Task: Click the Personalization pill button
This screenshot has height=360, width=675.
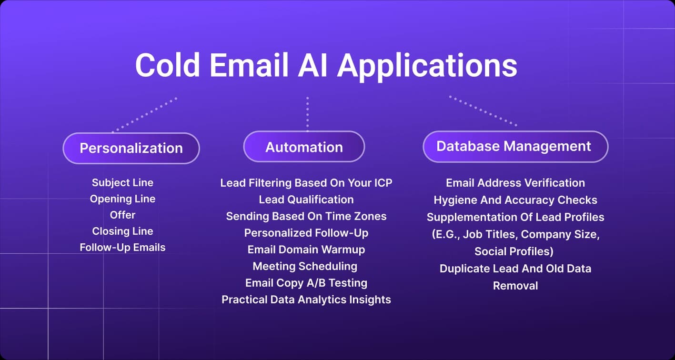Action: pyautogui.click(x=131, y=148)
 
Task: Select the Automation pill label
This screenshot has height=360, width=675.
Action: pyautogui.click(x=304, y=147)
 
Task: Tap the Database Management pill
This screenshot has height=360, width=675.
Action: pyautogui.click(x=515, y=146)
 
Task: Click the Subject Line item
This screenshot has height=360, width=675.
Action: pyautogui.click(x=122, y=182)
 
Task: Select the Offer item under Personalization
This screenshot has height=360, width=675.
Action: pyautogui.click(x=122, y=215)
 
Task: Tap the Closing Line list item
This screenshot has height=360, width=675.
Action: pyautogui.click(x=122, y=231)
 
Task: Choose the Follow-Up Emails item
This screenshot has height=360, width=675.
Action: pyautogui.click(x=122, y=247)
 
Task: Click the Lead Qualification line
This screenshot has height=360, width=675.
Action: pyautogui.click(x=306, y=200)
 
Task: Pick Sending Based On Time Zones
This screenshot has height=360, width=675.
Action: pyautogui.click(x=306, y=216)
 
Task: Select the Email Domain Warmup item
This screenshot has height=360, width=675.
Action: pyautogui.click(x=306, y=250)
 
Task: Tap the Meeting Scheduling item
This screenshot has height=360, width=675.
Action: pyautogui.click(x=305, y=266)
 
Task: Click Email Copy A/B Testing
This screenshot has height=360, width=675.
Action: pyautogui.click(x=306, y=283)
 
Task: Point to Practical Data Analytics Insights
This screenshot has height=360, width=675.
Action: pyautogui.click(x=306, y=300)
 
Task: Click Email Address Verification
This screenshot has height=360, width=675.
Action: pyautogui.click(x=515, y=183)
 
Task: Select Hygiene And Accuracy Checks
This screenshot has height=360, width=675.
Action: pyautogui.click(x=515, y=200)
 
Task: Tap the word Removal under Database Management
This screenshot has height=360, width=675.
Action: pyautogui.click(x=515, y=286)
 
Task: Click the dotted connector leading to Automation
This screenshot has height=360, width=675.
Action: pyautogui.click(x=307, y=114)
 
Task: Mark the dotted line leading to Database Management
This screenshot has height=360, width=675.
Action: pyautogui.click(x=482, y=111)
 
